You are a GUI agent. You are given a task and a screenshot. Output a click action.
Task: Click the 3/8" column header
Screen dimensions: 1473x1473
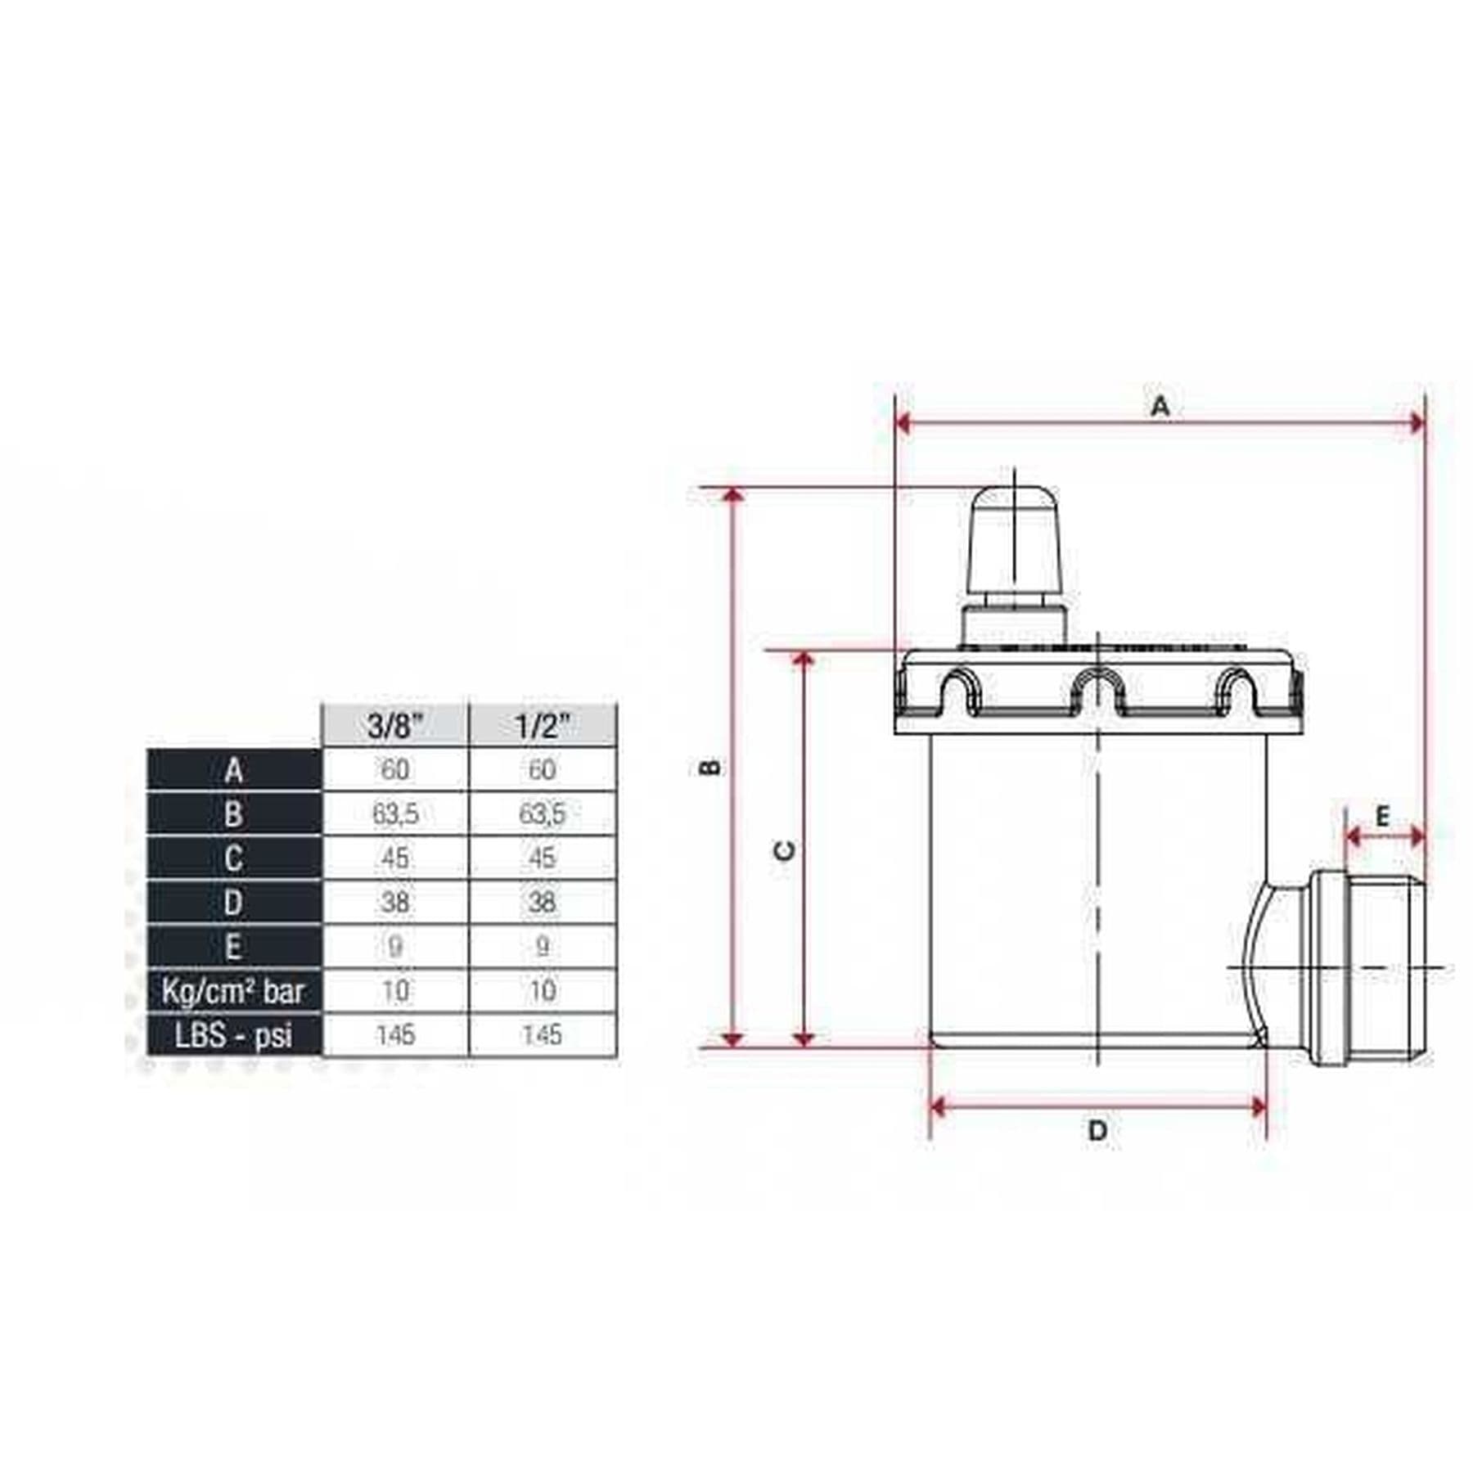pos(395,725)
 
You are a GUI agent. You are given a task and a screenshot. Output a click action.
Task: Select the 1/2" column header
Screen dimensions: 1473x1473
pos(543,725)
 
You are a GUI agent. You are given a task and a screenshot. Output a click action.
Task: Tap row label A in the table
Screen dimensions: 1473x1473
pos(234,770)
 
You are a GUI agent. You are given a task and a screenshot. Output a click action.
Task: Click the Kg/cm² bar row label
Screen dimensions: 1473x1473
pos(234,991)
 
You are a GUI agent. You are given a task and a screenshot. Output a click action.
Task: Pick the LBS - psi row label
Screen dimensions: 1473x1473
pos(234,1035)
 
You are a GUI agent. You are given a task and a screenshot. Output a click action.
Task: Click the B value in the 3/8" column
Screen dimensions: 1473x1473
pos(395,814)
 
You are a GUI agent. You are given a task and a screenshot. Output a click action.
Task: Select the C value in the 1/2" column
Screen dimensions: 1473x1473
pos(542,858)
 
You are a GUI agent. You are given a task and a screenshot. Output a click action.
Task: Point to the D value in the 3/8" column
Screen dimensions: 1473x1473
pos(395,903)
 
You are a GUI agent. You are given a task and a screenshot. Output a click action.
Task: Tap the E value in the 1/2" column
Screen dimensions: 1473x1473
pos(542,947)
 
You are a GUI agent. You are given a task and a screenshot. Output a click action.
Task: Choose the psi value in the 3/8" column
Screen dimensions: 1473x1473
pos(395,1035)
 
